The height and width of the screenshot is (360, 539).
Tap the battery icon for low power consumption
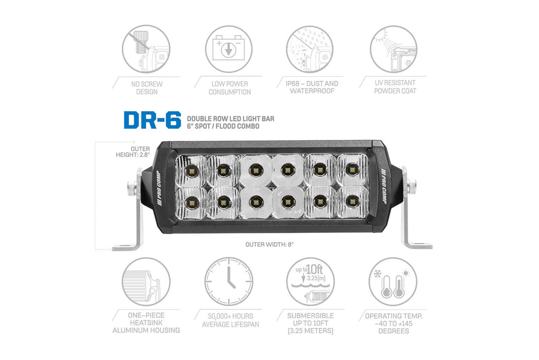229,49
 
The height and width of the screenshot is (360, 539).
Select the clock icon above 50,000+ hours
229,281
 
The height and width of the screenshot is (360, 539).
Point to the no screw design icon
146,49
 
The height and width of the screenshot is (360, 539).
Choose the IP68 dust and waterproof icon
310,49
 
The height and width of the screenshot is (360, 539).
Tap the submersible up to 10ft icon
310,281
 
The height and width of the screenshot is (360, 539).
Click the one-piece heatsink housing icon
146,281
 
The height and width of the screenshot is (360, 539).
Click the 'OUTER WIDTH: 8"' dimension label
269,245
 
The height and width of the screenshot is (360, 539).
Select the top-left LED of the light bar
191,171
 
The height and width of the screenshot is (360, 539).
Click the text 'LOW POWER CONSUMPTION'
229,88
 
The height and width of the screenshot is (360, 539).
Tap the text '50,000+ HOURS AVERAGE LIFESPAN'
230,320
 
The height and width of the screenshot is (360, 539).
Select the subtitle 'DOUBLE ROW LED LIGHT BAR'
230,118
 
